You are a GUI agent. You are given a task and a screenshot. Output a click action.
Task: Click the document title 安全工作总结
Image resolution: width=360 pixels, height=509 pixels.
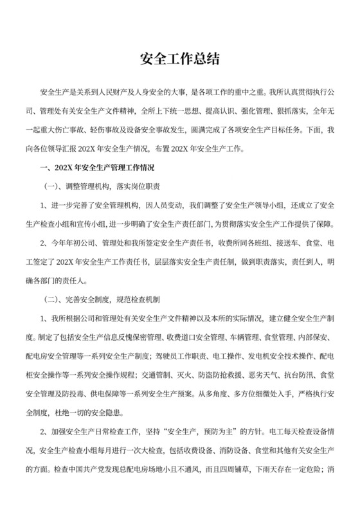click(180, 60)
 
